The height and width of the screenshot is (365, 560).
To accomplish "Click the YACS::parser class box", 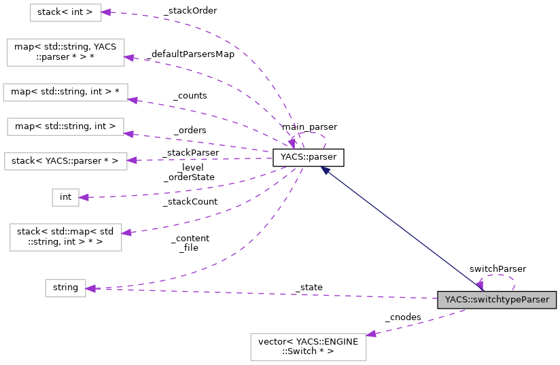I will [x=308, y=158].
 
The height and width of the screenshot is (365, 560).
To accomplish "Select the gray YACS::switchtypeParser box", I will [x=497, y=300].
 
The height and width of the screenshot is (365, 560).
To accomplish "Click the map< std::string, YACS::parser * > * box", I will [x=65, y=52].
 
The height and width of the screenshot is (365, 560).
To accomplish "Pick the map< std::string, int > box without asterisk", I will [x=65, y=126].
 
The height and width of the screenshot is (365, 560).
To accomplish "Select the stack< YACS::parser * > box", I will [x=65, y=161].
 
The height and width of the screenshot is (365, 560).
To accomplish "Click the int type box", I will [x=65, y=197].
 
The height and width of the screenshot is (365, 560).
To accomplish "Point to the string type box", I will [x=65, y=288].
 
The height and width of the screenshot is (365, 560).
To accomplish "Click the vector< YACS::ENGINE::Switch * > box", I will [x=309, y=347].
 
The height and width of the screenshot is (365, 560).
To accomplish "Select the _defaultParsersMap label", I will [x=189, y=54].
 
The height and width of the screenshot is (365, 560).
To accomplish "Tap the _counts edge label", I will [x=190, y=96].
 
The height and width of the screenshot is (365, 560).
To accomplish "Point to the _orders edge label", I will [x=190, y=130].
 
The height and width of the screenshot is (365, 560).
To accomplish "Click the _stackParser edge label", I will [x=190, y=152].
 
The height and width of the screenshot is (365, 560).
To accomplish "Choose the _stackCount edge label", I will [x=190, y=201].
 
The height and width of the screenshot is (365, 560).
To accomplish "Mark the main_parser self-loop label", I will [x=309, y=126].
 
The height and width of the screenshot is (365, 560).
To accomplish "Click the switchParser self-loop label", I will [x=497, y=268].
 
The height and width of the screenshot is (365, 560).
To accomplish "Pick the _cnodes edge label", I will [x=402, y=317].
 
